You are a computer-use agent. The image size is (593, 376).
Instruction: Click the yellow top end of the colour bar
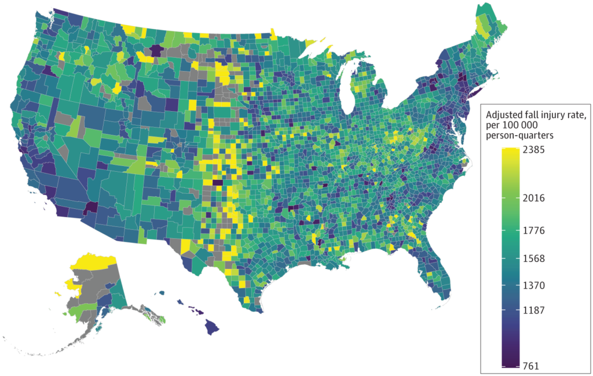[x=510, y=152]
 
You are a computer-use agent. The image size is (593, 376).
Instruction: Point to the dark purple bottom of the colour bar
[x=510, y=363]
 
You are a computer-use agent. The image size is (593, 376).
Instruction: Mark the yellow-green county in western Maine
[x=480, y=23]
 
